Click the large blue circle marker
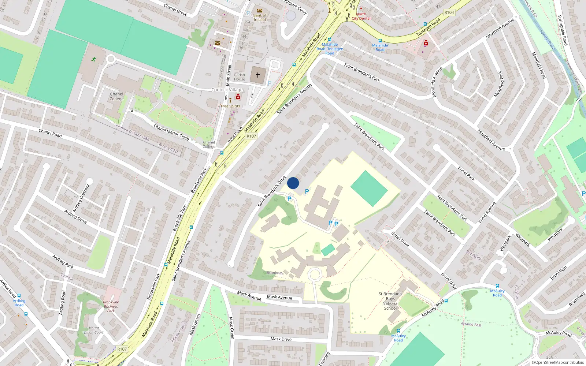tap(293, 183)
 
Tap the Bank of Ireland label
tap(260, 17)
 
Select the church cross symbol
tap(258, 75)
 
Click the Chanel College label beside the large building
tap(116, 96)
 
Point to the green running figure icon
tap(94, 59)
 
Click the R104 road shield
tap(449, 12)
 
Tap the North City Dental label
tap(361, 16)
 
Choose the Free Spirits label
tap(230, 106)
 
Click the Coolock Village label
tap(227, 90)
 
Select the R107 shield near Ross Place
tap(251, 136)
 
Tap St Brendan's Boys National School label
tap(390, 301)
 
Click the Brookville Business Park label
tap(111, 306)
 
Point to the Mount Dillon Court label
tap(94, 330)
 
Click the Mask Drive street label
tap(281, 339)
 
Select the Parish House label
tap(240, 77)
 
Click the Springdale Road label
tap(562, 30)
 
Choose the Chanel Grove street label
tap(175, 10)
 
